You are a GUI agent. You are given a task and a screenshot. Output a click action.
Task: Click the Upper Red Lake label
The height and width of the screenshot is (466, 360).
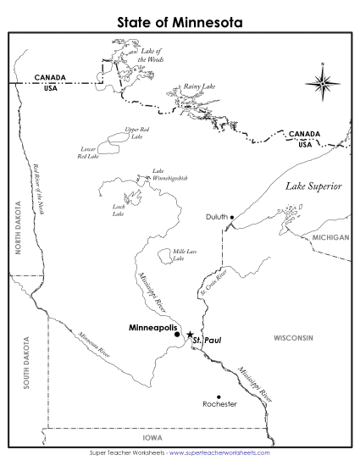(136, 133)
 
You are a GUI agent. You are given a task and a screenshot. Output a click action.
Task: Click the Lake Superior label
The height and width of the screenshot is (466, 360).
(313, 186)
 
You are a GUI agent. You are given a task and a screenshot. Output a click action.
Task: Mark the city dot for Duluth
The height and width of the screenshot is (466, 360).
(231, 216)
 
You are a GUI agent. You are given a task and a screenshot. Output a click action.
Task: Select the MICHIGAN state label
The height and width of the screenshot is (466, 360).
(330, 238)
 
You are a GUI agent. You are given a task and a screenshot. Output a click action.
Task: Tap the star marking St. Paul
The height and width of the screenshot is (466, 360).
(191, 336)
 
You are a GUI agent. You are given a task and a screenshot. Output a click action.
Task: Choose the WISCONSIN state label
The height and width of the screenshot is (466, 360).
(293, 337)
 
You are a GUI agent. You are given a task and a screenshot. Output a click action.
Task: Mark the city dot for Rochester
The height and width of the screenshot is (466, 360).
(219, 397)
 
